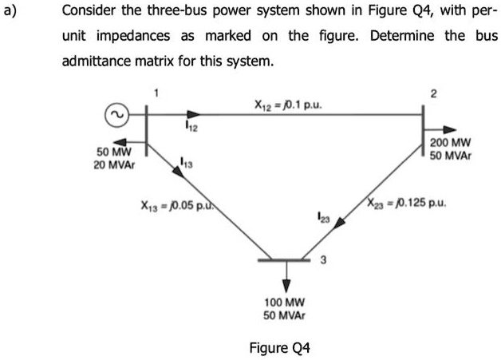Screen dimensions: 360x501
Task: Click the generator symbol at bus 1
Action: [x=116, y=116]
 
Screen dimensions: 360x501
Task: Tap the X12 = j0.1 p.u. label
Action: [x=288, y=105]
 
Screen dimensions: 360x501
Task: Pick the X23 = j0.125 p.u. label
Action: [x=407, y=202]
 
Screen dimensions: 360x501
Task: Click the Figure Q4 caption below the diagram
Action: [x=279, y=348]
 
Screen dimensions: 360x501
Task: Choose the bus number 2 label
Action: [x=433, y=94]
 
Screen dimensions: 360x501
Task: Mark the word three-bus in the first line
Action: [x=171, y=12]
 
